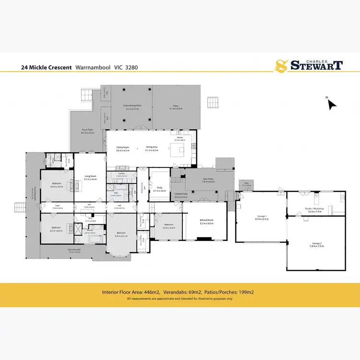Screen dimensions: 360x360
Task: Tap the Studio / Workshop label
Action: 315,208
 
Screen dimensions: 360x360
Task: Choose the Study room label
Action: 159,189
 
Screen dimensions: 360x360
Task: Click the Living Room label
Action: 91,177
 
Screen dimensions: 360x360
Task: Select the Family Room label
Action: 123,148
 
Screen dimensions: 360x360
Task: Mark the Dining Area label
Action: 152,148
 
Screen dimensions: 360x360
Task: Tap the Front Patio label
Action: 87,130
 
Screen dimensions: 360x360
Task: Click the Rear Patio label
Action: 208,180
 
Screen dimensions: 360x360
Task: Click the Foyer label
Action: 56,206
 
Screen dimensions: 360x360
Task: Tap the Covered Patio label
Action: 180,195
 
